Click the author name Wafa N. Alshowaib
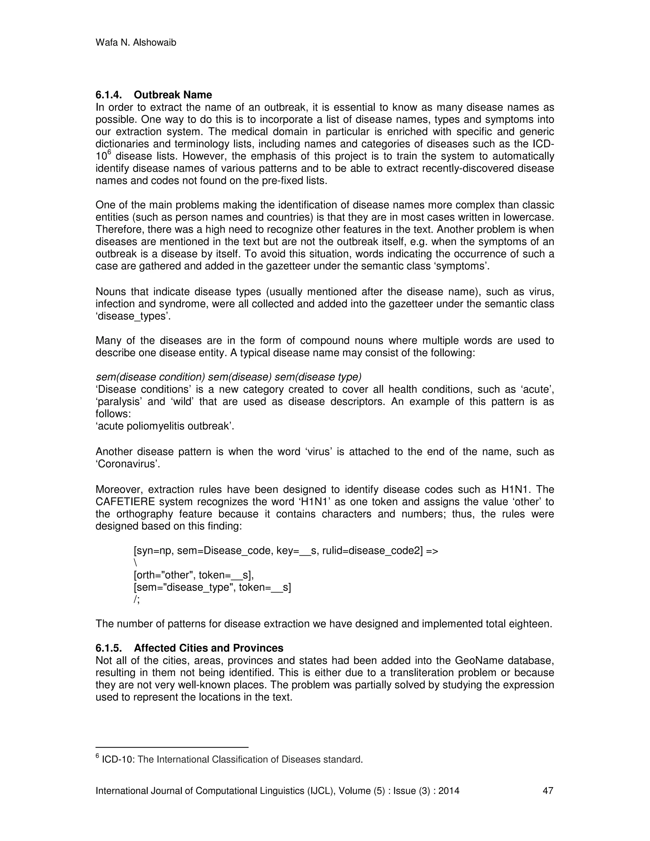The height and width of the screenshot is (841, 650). pyautogui.click(x=136, y=43)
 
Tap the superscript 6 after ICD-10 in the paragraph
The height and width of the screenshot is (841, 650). pyautogui.click(x=109, y=152)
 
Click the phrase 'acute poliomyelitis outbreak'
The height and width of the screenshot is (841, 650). pyautogui.click(x=165, y=426)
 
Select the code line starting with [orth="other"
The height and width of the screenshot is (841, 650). pyautogui.click(x=194, y=575)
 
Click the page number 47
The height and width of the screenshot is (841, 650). pyautogui.click(x=547, y=791)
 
